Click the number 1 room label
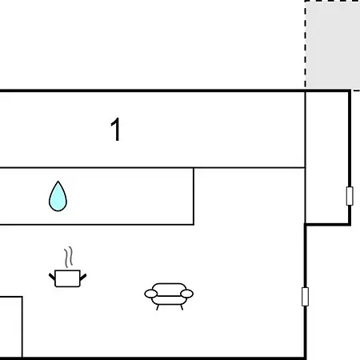click(116, 129)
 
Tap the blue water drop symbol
click(58, 197)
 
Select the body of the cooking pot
click(67, 278)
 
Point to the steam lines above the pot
click(69, 257)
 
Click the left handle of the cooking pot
click(52, 277)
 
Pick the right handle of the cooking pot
click(83, 277)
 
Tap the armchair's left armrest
click(151, 294)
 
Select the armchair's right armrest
click(186, 294)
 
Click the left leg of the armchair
click(158, 307)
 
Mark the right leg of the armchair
click(182, 307)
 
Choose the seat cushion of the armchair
click(169, 300)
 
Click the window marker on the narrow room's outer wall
click(350, 196)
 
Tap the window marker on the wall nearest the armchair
click(305, 297)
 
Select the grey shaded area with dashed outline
click(333, 44)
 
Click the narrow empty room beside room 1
click(327, 158)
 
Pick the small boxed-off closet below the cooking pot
click(10, 326)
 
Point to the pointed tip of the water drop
click(58, 182)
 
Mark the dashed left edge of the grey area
click(306, 44)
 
